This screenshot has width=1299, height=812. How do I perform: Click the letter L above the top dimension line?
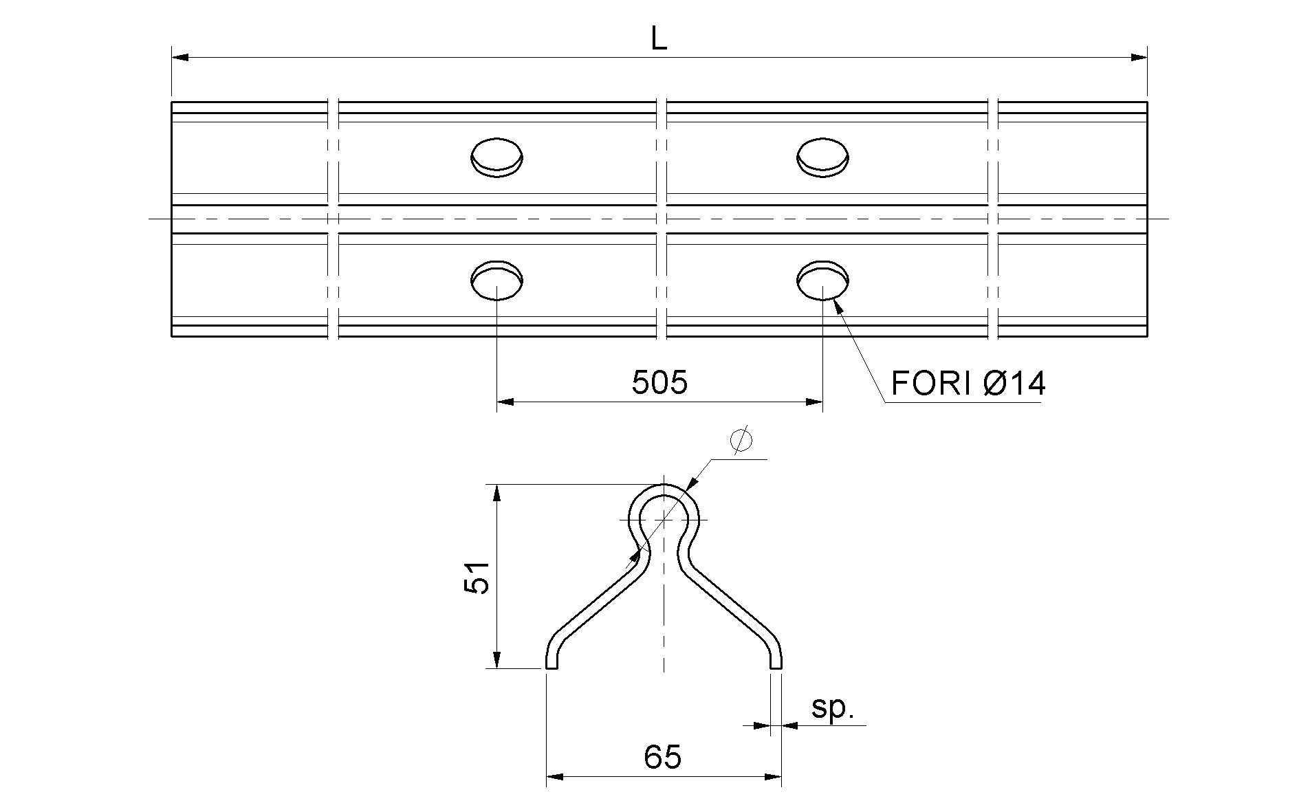[x=659, y=41]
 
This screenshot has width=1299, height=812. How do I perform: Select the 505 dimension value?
[x=659, y=382]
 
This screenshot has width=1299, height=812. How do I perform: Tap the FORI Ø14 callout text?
[x=968, y=383]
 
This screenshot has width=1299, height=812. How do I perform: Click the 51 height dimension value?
[x=476, y=577]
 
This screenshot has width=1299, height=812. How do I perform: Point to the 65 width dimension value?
[x=663, y=757]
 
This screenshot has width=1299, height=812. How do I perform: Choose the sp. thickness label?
[x=832, y=709]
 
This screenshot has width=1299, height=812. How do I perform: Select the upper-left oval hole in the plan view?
[x=496, y=157]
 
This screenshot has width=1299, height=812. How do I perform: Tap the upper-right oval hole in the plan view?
[x=822, y=157]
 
